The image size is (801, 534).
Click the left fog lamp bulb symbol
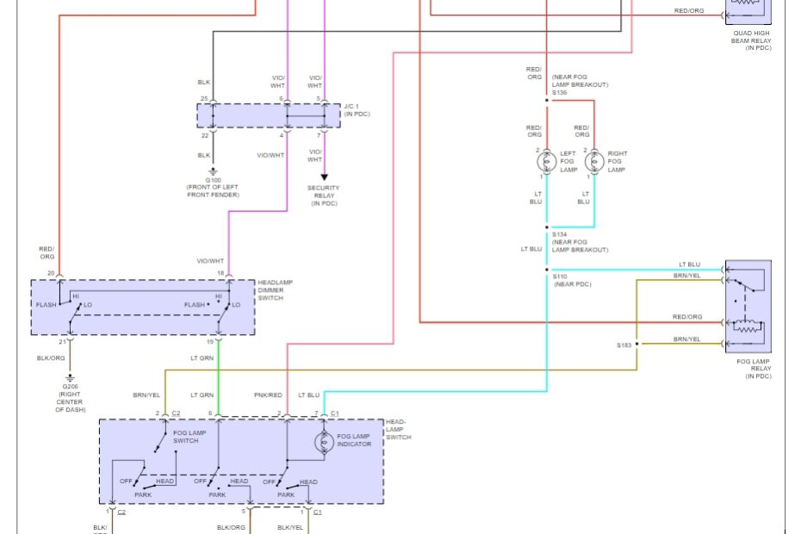[x=546, y=161]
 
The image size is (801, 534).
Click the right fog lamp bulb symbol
[x=593, y=161]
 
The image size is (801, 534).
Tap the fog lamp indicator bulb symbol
[x=325, y=442]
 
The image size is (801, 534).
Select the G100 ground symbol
[x=213, y=171]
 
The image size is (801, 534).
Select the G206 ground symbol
[x=70, y=377]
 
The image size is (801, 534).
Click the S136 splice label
[x=560, y=92]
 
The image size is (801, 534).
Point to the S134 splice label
[x=560, y=234]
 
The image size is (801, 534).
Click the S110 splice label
[x=560, y=276]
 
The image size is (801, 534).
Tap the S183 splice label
[x=624, y=345]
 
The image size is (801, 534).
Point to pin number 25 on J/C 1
[x=204, y=98]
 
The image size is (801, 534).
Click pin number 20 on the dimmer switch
[x=51, y=273]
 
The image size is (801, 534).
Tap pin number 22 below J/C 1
[x=204, y=135]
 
